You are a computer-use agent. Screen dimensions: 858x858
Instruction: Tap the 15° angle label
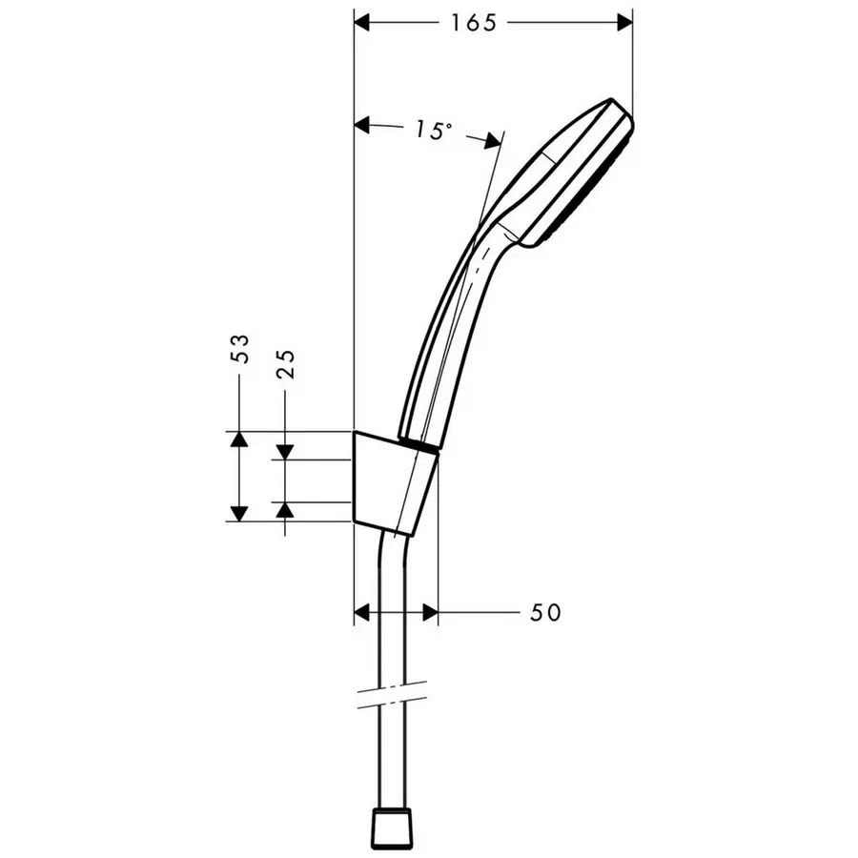[433, 131]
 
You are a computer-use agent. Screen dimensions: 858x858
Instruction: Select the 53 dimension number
[240, 349]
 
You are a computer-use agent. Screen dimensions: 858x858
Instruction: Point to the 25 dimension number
[285, 362]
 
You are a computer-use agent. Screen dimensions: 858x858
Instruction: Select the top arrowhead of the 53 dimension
[238, 439]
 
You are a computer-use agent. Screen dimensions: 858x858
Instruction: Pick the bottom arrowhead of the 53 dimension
[238, 513]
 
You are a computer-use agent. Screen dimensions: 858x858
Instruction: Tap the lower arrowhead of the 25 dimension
[285, 510]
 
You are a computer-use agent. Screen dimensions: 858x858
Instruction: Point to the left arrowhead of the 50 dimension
[362, 611]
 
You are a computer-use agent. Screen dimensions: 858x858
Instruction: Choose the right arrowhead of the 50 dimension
[429, 611]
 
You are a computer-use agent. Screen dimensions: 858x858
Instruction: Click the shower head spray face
[591, 186]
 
